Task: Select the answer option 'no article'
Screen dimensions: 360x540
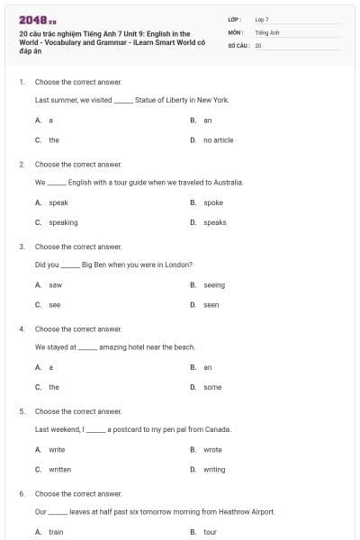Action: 218,140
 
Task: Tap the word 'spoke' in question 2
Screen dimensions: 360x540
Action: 212,202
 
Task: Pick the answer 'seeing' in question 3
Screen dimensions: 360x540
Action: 214,285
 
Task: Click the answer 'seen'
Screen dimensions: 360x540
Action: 211,305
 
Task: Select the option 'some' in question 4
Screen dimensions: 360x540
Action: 211,387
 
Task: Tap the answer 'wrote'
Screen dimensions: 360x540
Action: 212,449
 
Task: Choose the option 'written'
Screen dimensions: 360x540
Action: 59,469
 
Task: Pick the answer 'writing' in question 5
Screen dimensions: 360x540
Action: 214,469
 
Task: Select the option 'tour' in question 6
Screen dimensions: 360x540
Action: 210,532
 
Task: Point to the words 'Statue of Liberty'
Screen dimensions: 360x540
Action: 163,100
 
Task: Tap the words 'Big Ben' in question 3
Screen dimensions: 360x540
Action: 94,265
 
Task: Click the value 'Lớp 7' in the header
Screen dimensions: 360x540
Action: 262,19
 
